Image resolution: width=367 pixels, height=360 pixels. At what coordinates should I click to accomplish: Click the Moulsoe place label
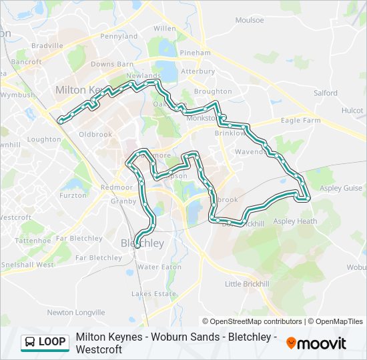pyautogui.click(x=249, y=20)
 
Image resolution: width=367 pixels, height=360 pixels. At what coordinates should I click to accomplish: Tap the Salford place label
pyautogui.click(x=326, y=93)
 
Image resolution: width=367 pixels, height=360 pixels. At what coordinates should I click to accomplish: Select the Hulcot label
pyautogui.click(x=352, y=110)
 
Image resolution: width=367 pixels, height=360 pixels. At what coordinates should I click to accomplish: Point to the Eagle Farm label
pyautogui.click(x=300, y=121)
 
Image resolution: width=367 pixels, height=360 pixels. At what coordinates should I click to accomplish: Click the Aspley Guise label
pyautogui.click(x=340, y=189)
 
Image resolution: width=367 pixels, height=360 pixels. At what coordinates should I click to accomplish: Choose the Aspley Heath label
pyautogui.click(x=295, y=221)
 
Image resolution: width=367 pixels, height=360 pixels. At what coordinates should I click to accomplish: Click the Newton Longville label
pyautogui.click(x=75, y=312)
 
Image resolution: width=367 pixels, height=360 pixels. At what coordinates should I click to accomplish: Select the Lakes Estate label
pyautogui.click(x=153, y=293)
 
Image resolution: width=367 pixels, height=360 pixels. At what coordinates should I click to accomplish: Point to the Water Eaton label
pyautogui.click(x=159, y=267)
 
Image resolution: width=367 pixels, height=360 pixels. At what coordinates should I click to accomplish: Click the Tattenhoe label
pyautogui.click(x=33, y=240)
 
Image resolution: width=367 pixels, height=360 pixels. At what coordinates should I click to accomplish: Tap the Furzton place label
pyautogui.click(x=73, y=195)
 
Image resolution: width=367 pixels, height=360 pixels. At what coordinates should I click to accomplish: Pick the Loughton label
pyautogui.click(x=44, y=139)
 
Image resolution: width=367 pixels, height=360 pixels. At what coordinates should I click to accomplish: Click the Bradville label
pyautogui.click(x=46, y=45)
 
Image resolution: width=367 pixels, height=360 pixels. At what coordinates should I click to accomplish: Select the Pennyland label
pyautogui.click(x=119, y=36)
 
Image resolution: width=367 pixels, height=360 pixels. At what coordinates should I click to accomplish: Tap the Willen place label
pyautogui.click(x=164, y=29)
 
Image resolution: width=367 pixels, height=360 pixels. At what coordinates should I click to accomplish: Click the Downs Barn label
pyautogui.click(x=112, y=64)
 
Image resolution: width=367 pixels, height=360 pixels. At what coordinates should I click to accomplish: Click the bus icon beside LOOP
pyautogui.click(x=30, y=342)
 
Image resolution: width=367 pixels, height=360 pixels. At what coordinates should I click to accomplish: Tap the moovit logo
pyautogui.click(x=316, y=343)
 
